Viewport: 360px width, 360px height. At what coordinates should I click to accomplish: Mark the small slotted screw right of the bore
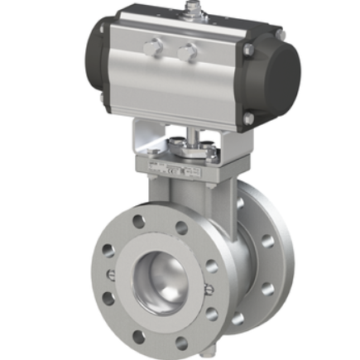(x=209, y=289)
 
